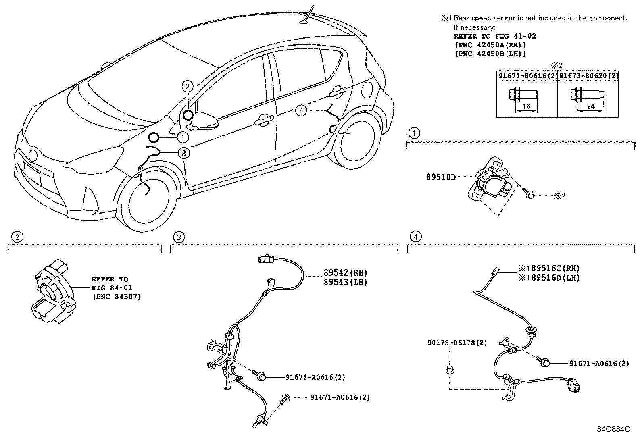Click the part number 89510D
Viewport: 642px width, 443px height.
pyautogui.click(x=441, y=177)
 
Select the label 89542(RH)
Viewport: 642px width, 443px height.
pyautogui.click(x=345, y=272)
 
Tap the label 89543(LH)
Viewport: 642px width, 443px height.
pyautogui.click(x=345, y=282)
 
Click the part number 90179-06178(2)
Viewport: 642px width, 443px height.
pyautogui.click(x=457, y=343)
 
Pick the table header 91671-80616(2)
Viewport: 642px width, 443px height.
pyautogui.click(x=526, y=75)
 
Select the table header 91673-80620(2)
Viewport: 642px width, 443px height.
pyautogui.click(x=588, y=75)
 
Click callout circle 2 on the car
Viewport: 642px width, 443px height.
pyautogui.click(x=188, y=86)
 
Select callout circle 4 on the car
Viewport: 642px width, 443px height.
pyautogui.click(x=301, y=110)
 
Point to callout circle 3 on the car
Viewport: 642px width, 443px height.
pyautogui.click(x=183, y=153)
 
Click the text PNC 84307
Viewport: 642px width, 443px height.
pyautogui.click(x=116, y=297)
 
